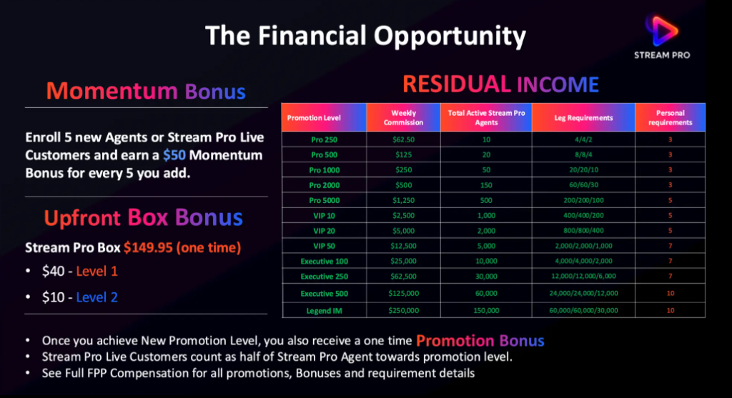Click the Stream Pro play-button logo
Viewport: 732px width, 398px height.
[661, 31]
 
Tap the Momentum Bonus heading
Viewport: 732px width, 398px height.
[146, 91]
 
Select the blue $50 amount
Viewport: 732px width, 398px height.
[174, 155]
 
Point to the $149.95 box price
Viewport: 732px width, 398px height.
[148, 247]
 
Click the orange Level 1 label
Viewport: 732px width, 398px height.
[97, 271]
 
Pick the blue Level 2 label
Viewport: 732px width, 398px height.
[97, 297]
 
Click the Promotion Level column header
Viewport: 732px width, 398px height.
[314, 118]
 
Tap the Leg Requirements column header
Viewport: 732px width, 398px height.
[583, 118]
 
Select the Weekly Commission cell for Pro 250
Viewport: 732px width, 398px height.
[403, 139]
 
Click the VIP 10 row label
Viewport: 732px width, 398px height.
[324, 216]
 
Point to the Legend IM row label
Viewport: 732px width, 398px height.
[324, 311]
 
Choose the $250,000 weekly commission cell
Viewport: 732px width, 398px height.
[403, 310]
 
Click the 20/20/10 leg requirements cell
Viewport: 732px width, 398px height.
[583, 170]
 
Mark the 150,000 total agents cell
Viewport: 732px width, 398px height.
[486, 310]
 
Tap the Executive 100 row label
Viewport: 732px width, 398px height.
[324, 262]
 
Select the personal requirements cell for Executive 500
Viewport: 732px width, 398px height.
[671, 294]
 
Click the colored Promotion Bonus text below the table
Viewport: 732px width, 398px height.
[480, 341]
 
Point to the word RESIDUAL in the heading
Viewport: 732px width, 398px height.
[457, 84]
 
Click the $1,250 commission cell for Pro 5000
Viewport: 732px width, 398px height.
[403, 200]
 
